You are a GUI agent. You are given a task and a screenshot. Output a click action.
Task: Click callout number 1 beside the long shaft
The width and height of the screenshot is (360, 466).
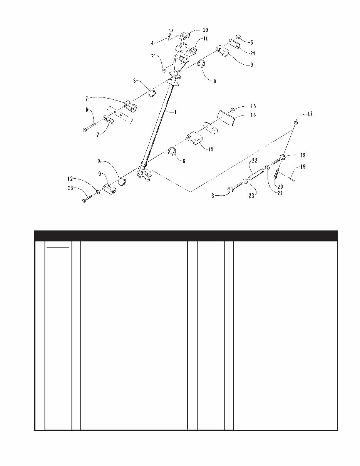176,112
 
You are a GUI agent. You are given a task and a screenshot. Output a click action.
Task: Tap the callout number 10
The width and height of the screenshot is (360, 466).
205,30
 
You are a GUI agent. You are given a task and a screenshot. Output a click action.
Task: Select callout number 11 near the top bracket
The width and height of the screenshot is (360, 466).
206,39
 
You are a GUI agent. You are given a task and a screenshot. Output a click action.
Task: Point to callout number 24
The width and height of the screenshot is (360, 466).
253,54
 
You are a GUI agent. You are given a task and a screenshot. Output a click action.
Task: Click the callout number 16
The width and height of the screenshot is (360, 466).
253,115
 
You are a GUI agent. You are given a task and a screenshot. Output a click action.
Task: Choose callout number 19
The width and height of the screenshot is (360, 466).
303,167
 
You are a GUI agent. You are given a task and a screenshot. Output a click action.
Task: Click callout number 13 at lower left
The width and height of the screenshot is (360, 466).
70,188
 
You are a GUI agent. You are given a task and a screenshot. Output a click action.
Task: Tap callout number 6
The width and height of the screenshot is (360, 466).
88,109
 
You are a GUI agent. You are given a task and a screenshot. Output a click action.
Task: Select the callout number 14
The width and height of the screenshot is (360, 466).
210,149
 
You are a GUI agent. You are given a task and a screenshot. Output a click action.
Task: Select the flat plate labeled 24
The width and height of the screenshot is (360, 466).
235,44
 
